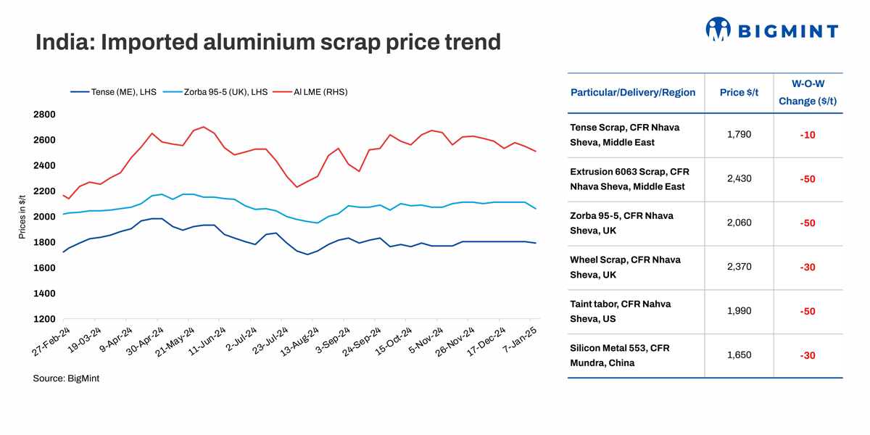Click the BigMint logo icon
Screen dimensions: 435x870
(x=718, y=29)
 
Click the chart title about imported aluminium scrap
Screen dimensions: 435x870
(x=268, y=42)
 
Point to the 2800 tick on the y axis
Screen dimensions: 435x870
(x=45, y=115)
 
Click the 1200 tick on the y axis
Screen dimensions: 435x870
(x=45, y=319)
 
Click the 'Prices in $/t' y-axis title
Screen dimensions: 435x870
(x=22, y=217)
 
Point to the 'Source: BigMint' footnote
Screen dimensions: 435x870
(x=66, y=378)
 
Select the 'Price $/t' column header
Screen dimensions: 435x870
(x=739, y=93)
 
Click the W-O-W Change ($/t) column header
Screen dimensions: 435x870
(x=808, y=93)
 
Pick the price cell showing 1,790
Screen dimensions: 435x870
(x=739, y=135)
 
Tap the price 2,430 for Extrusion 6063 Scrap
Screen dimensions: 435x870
(x=739, y=179)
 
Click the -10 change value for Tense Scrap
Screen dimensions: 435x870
(x=808, y=136)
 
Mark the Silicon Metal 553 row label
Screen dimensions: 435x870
(x=620, y=355)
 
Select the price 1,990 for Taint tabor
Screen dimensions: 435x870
(x=739, y=311)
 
